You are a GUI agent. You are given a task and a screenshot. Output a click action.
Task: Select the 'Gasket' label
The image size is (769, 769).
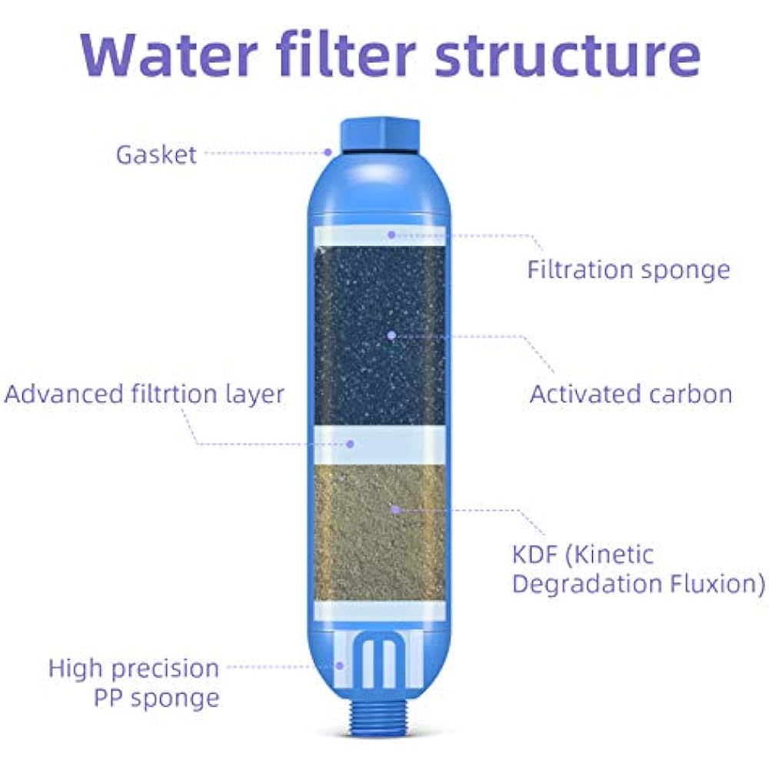pyautogui.click(x=156, y=154)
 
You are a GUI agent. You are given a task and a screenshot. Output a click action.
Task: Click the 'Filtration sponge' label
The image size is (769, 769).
pyautogui.click(x=628, y=270)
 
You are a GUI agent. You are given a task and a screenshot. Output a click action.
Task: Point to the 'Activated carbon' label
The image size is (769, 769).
pyautogui.click(x=631, y=394)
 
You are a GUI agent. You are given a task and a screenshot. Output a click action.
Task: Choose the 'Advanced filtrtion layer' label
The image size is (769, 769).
pyautogui.click(x=144, y=394)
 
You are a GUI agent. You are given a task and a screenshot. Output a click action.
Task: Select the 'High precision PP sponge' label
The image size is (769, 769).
pyautogui.click(x=134, y=683)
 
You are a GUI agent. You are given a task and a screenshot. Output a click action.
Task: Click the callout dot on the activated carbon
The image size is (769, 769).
pyautogui.click(x=391, y=335)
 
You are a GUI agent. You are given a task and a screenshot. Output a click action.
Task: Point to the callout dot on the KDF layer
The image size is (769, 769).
pyautogui.click(x=395, y=508)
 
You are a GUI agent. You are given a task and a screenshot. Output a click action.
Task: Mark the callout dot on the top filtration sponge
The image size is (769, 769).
pyautogui.click(x=391, y=234)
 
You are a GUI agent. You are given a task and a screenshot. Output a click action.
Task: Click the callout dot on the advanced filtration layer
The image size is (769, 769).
pyautogui.click(x=351, y=444)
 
